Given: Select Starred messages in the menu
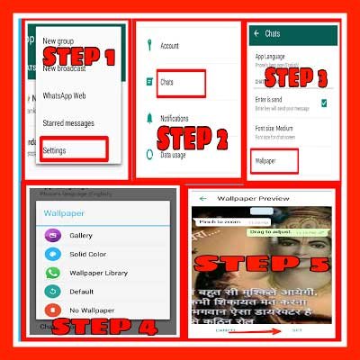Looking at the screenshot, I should (80, 122).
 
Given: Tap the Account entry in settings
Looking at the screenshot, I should (170, 45).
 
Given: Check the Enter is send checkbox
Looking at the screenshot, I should (324, 104).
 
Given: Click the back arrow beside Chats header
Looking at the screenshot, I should (256, 34).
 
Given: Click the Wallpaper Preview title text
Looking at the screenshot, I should (261, 199).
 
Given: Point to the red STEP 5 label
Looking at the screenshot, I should (264, 265).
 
